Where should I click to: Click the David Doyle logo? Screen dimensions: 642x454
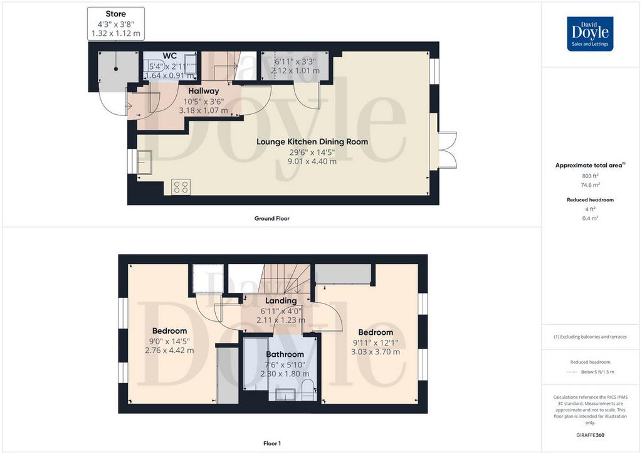(590, 34)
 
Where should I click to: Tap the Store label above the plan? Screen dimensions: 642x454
(115, 14)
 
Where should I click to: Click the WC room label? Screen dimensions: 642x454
(169, 56)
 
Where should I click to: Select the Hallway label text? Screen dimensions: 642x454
(204, 91)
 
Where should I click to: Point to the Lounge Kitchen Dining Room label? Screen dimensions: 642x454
(312, 142)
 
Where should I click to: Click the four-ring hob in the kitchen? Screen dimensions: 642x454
(181, 187)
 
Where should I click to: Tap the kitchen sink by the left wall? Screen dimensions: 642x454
(145, 162)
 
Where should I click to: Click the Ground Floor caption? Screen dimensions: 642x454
(272, 219)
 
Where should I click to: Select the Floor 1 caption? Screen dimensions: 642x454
(272, 443)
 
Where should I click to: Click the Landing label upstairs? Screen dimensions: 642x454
(281, 301)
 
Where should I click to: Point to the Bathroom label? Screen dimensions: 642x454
(285, 354)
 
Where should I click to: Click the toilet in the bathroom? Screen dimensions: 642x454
(308, 389)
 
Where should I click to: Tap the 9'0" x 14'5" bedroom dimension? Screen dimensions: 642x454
(169, 341)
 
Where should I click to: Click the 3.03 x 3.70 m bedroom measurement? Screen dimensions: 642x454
(376, 352)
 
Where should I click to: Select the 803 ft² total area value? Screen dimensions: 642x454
(590, 176)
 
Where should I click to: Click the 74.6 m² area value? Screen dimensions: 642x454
(590, 185)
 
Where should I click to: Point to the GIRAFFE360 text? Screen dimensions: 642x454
(590, 435)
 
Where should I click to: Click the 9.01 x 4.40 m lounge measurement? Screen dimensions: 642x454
(312, 161)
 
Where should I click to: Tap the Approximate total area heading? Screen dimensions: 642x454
(590, 166)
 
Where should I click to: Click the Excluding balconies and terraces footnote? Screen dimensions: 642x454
(590, 337)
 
